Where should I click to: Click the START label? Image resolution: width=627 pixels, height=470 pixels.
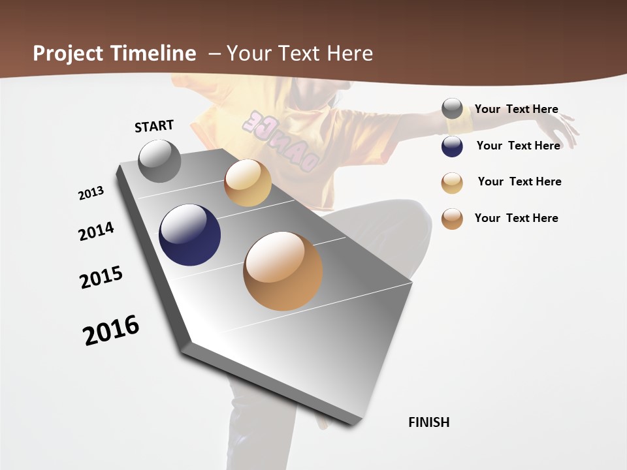pos(154,126)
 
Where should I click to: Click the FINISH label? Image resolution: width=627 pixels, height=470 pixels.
pos(428,422)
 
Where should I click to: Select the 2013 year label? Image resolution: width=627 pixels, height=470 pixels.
pos(91,193)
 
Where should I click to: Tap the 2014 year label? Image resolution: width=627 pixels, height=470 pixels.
pos(96,231)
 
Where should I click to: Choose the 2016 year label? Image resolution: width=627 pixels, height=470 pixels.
pos(111,330)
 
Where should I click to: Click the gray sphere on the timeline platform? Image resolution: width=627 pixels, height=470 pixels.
pos(160,161)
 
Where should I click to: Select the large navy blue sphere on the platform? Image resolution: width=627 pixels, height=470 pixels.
pos(189,235)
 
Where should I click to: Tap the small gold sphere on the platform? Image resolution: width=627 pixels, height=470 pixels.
pos(248,183)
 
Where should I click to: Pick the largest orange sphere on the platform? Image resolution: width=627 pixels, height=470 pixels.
pos(283,271)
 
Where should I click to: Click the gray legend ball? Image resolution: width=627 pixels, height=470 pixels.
pos(452,109)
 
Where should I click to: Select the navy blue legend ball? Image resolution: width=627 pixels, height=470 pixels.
pos(452,146)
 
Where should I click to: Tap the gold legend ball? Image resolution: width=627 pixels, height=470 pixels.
pos(452,183)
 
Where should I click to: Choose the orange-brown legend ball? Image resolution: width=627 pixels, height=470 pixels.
pos(452,219)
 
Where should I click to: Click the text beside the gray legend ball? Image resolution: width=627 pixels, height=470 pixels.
pos(516,109)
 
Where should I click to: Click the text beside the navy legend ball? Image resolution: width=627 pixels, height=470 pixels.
pos(518,146)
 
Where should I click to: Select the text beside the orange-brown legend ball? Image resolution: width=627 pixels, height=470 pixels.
pos(516,218)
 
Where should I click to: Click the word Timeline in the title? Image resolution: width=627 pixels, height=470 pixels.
pos(153,54)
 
